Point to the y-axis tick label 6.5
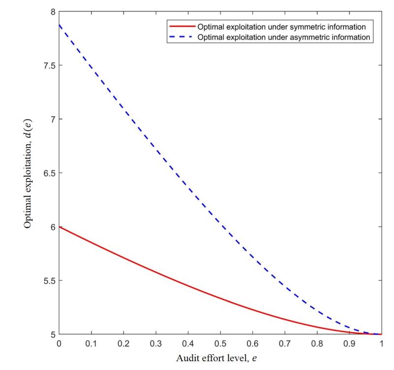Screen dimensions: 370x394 (x=48, y=173)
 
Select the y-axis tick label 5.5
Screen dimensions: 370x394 (x=48, y=281)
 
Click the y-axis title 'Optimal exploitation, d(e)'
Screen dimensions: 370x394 (x=29, y=173)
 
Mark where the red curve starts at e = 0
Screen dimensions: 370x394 (x=59, y=227)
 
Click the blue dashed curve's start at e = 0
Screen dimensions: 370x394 (x=59, y=25)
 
